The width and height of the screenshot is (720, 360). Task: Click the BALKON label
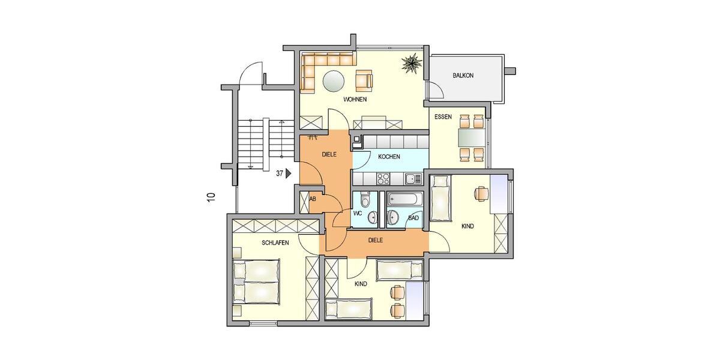(463, 76)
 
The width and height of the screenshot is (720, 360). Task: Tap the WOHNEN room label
(355, 100)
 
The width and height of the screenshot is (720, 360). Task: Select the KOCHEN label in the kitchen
(389, 157)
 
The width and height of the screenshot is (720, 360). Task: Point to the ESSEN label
(443, 118)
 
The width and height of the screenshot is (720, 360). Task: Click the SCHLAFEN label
(275, 243)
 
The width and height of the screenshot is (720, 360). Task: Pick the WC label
(358, 213)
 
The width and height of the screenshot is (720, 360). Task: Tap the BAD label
(413, 218)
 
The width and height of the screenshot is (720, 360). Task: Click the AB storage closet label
(313, 199)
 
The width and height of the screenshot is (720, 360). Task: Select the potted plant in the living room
(412, 63)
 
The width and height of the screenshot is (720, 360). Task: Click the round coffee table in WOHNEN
(334, 80)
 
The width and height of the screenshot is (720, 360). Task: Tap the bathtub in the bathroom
(405, 199)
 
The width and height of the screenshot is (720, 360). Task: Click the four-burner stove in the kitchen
(382, 178)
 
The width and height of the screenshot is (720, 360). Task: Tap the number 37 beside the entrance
(279, 173)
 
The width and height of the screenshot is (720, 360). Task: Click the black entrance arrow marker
(289, 173)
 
